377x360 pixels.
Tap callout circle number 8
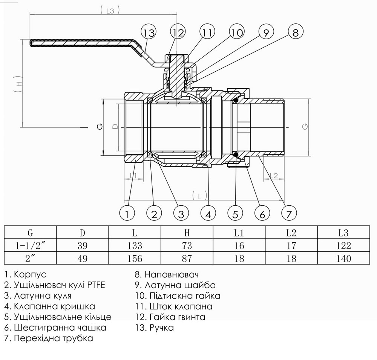point(295,33)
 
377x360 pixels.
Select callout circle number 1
point(127,214)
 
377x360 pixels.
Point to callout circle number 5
point(235,214)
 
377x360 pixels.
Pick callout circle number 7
point(289,214)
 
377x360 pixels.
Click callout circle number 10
point(237,33)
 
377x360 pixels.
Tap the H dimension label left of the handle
point(20,86)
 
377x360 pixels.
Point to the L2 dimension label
point(274,175)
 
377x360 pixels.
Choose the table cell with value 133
point(135,246)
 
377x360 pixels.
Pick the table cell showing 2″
point(30,258)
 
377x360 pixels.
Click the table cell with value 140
point(343,258)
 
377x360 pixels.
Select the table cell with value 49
point(82,258)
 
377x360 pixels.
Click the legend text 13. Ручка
point(154,328)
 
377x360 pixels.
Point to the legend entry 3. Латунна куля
point(38,295)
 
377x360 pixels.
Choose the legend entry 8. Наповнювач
point(166,274)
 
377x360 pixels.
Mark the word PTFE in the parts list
point(96,285)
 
